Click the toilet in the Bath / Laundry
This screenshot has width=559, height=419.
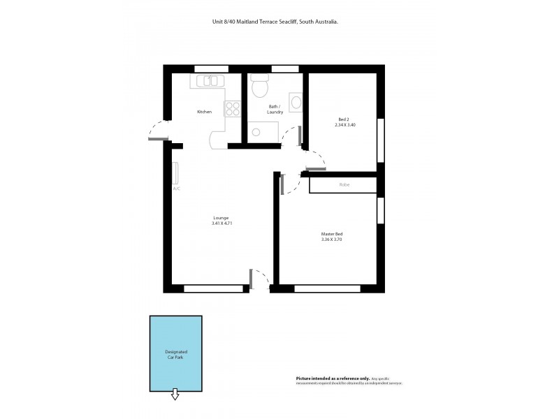[260, 86]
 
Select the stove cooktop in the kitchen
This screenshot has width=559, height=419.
[232, 109]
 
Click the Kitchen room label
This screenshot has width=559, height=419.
[204, 112]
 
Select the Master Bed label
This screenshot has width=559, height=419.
[331, 233]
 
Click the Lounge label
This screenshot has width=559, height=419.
[221, 217]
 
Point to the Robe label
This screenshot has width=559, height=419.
[344, 185]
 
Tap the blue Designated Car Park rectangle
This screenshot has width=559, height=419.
[175, 353]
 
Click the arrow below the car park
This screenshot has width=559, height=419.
[175, 396]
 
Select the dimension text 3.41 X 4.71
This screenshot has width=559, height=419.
[221, 223]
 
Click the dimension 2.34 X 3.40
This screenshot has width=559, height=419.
[345, 125]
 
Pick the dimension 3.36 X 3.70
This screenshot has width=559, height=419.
[331, 240]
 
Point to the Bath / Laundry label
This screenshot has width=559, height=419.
[275, 109]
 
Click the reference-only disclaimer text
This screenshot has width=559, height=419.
[349, 380]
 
